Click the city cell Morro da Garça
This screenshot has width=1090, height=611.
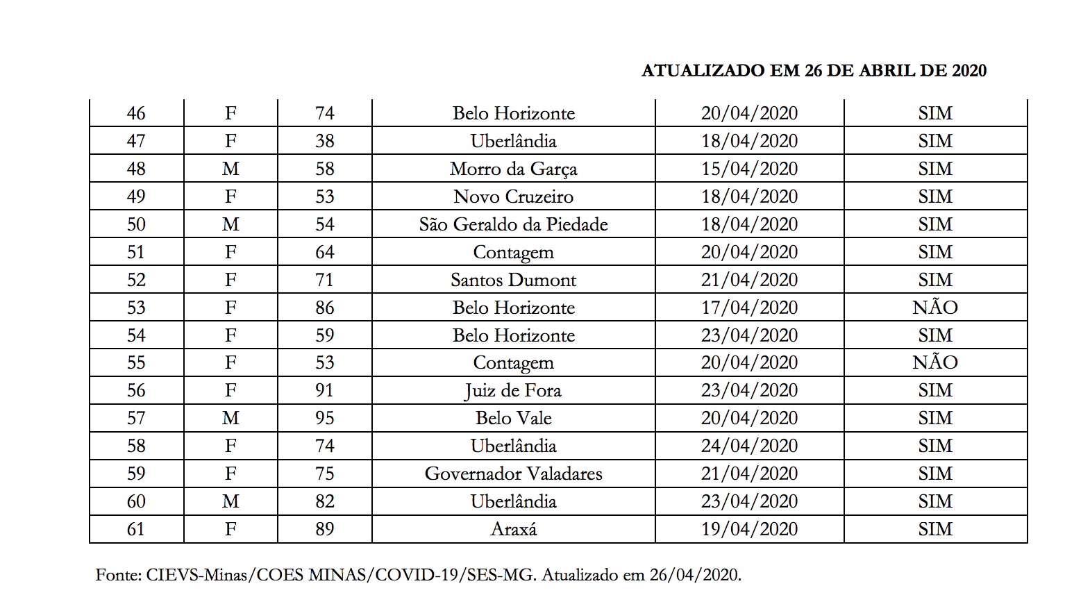(513, 169)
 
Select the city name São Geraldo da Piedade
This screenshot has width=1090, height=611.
(513, 224)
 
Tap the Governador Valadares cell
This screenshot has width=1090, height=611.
(513, 474)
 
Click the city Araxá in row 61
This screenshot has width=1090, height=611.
(513, 529)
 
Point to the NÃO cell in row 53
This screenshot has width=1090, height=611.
(934, 308)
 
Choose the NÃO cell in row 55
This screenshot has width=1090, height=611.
(934, 362)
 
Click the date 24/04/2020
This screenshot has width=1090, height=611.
(749, 446)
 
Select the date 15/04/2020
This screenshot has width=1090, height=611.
(749, 169)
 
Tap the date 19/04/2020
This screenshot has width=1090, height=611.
(749, 529)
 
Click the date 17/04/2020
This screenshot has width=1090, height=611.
(749, 308)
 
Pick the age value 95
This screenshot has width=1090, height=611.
(324, 418)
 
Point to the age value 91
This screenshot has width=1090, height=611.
(324, 390)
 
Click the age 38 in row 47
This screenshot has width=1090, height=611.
(324, 141)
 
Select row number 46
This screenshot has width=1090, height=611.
(136, 113)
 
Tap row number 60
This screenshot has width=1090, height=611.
(136, 501)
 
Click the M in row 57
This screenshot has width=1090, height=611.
(230, 418)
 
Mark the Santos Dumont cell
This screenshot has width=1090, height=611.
(513, 280)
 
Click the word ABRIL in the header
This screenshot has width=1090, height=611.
(887, 71)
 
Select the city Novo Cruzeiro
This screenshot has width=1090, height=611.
(513, 196)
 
